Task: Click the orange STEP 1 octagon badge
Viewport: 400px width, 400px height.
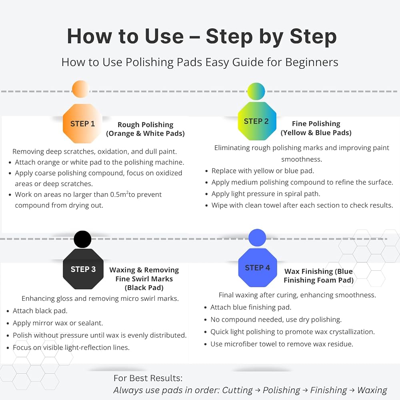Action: pyautogui.click(x=82, y=124)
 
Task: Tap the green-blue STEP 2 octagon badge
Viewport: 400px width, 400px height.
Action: pyautogui.click(x=257, y=121)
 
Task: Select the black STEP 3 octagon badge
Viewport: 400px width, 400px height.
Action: pyautogui.click(x=83, y=269)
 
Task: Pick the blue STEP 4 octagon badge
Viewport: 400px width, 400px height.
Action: pyautogui.click(x=257, y=268)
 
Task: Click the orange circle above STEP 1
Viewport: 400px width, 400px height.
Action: pyautogui.click(x=81, y=89)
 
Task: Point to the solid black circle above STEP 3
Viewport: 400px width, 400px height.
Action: pyautogui.click(x=82, y=239)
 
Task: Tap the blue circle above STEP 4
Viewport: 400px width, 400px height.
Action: pyautogui.click(x=257, y=238)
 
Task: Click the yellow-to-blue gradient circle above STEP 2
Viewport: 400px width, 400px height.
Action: pyautogui.click(x=256, y=91)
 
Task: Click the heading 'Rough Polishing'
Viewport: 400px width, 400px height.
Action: pyautogui.click(x=146, y=125)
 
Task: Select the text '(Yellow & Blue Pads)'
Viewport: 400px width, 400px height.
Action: pyautogui.click(x=316, y=133)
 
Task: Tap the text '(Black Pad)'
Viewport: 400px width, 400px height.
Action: pyautogui.click(x=144, y=288)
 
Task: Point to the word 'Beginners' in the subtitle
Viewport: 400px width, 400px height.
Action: pyautogui.click(x=312, y=62)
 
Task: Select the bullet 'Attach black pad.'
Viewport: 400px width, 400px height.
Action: pyautogui.click(x=40, y=311)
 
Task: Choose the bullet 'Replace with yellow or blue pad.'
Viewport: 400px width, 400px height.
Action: pyautogui.click(x=263, y=171)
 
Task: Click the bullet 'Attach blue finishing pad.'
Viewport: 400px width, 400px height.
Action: pyautogui.click(x=251, y=307)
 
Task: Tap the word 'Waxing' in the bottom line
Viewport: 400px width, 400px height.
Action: pyautogui.click(x=372, y=390)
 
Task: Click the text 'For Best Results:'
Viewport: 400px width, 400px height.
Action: pyautogui.click(x=148, y=378)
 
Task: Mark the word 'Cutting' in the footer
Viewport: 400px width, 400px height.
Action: pyautogui.click(x=237, y=390)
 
